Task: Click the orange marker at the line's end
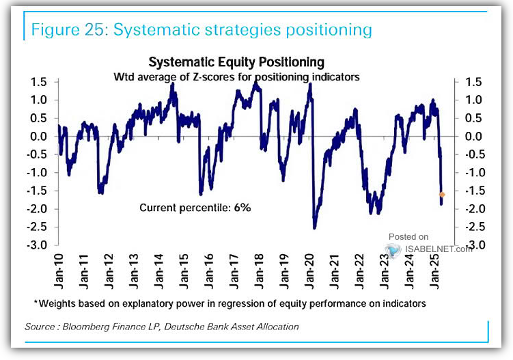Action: point(442,195)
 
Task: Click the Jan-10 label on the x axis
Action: point(57,267)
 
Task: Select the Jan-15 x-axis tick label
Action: point(184,267)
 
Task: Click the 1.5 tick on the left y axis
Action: point(38,82)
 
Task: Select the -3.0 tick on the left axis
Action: point(36,245)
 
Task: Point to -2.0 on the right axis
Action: point(471,209)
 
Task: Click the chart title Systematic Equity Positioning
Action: point(236,64)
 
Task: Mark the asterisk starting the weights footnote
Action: point(36,302)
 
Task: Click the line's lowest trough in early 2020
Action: point(314,227)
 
